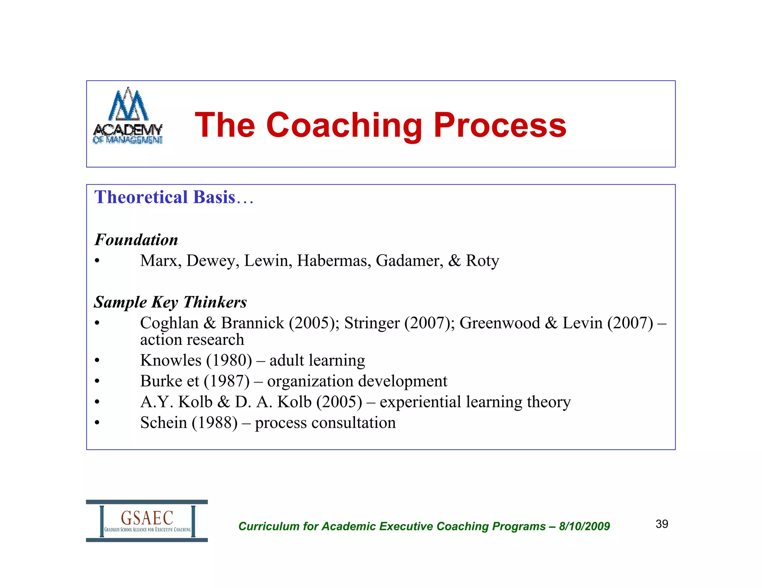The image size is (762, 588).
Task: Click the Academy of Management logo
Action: click(128, 116)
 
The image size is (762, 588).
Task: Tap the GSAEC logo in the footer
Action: click(147, 521)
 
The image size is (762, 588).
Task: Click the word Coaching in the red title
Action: click(344, 126)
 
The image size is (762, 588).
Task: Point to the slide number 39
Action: click(662, 524)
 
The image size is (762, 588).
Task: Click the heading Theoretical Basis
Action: click(165, 197)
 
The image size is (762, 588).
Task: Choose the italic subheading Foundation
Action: click(136, 240)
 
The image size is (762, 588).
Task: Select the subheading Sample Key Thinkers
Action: click(170, 302)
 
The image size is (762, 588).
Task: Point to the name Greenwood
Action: click(499, 323)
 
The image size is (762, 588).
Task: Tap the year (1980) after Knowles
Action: click(229, 360)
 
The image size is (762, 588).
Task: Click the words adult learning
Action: click(317, 360)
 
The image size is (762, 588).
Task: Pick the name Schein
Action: click(163, 423)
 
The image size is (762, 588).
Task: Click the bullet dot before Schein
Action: click(97, 423)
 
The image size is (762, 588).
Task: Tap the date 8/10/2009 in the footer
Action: click(584, 526)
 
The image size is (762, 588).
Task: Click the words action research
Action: click(192, 339)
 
